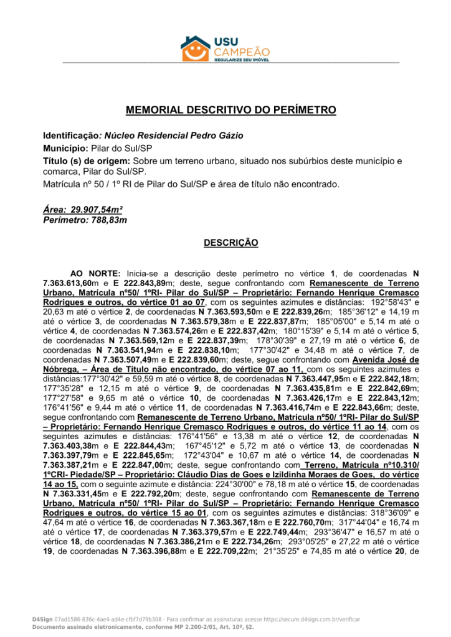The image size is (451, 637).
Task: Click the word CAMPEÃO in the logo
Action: pos(242,52)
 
